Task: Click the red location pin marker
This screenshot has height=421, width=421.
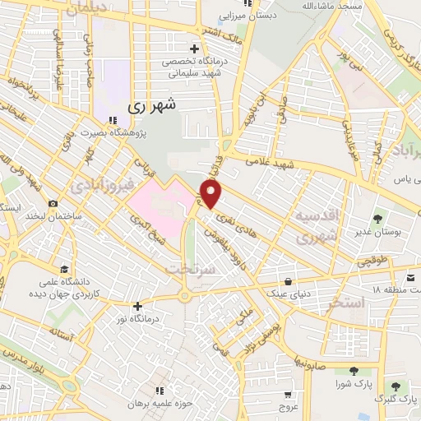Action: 211,193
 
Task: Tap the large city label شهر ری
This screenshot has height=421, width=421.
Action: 153,107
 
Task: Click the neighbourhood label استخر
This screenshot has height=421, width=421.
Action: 345,303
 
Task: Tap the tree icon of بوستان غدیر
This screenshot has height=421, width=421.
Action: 377,219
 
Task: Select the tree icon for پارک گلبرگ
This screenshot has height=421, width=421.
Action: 396,385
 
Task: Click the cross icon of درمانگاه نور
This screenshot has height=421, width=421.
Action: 138,305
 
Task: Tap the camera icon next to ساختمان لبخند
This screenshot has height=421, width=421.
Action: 53,204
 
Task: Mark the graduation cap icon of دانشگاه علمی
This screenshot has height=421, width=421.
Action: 64,269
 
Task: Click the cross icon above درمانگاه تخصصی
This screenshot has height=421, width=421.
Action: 193,48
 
